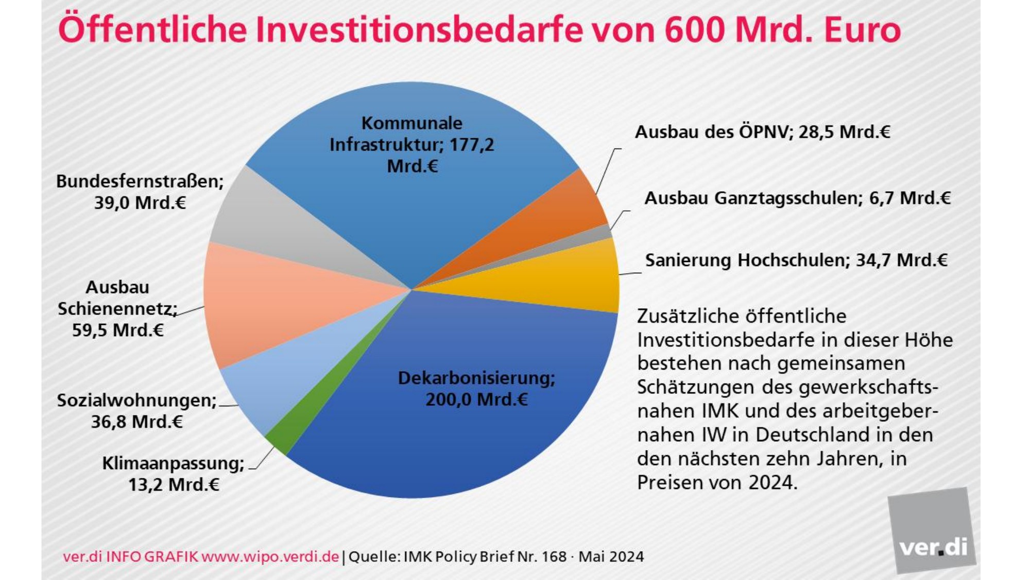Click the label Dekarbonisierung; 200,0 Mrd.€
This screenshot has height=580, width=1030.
476,389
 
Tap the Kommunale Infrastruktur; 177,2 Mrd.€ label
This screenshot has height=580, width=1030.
412,144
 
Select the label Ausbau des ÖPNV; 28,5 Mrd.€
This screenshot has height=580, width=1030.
762,132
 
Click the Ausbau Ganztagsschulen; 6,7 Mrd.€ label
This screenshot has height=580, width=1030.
797,198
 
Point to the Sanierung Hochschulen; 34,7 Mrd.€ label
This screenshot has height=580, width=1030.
796,260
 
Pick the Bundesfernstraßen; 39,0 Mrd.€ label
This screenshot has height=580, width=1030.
140,192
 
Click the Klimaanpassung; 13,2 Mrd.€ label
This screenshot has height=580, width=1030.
174,474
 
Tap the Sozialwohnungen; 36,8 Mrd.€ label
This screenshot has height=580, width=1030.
136,411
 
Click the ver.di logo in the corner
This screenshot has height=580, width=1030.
932,531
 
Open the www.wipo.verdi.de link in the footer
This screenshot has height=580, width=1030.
270,557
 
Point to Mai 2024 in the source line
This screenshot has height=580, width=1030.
611,557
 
